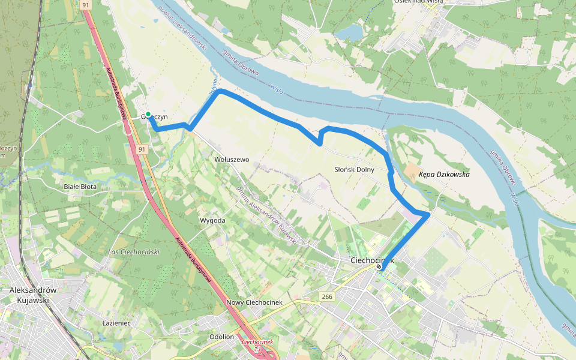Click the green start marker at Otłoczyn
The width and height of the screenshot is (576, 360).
(x=148, y=114)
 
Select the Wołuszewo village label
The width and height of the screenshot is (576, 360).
(x=231, y=160)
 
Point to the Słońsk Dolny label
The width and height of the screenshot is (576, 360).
(x=354, y=169)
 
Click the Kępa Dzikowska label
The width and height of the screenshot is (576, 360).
(x=444, y=175)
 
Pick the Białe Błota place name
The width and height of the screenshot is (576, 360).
(x=80, y=187)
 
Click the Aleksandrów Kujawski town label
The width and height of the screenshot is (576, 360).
(x=33, y=295)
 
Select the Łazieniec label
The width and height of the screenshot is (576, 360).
(x=117, y=323)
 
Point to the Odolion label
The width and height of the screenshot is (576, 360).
(x=221, y=337)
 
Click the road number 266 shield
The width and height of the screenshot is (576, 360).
(x=327, y=297)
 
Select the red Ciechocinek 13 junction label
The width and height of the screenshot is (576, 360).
(x=257, y=345)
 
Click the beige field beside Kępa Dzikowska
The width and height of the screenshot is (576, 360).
(x=412, y=173)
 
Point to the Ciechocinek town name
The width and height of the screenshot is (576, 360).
(x=372, y=260)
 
